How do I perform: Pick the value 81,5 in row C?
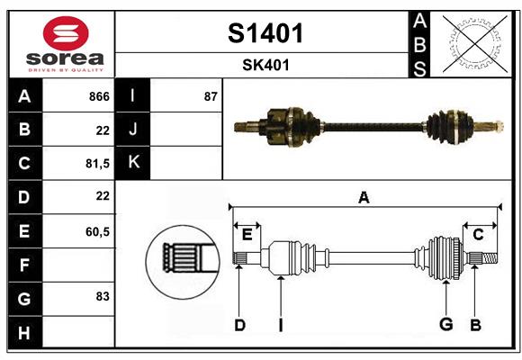pyautogui.click(x=97, y=163)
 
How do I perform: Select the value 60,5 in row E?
pyautogui.click(x=97, y=231)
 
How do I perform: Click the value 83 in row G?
pyautogui.click(x=102, y=295)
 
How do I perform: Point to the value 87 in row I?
pyautogui.click(x=211, y=95)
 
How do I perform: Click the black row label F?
pyautogui.click(x=24, y=265)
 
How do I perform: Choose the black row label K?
pyautogui.click(x=133, y=163)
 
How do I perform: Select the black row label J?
pyautogui.click(x=133, y=129)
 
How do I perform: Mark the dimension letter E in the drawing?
pyautogui.click(x=247, y=235)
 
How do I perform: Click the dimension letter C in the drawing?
pyautogui.click(x=479, y=235)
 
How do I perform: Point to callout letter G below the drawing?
pyautogui.click(x=445, y=324)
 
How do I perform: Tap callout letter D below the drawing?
pyautogui.click(x=239, y=324)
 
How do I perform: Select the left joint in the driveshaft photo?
pyautogui.click(x=287, y=125)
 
